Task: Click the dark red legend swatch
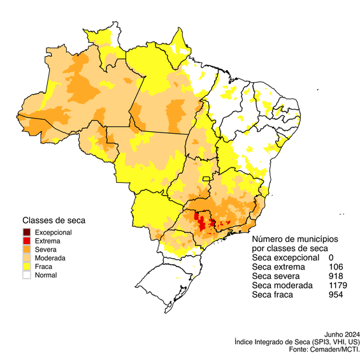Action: [27, 231]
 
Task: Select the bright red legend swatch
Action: [27, 240]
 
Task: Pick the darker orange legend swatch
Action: [27, 248]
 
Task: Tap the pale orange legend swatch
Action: [27, 257]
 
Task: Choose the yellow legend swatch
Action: [27, 266]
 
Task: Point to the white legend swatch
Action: [27, 275]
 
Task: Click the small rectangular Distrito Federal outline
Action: [206, 176]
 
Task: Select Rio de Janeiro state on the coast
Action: [245, 226]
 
